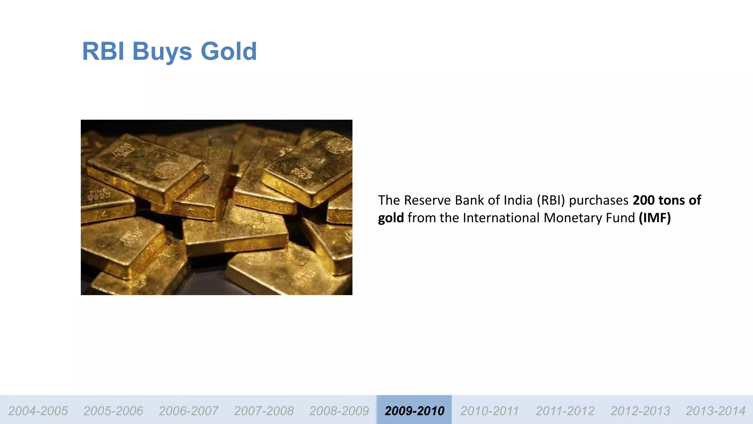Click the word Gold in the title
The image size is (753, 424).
coord(228,51)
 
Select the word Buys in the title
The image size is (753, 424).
coord(162,52)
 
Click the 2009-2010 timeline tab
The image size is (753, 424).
coord(414,410)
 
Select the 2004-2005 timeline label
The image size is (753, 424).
coord(38,410)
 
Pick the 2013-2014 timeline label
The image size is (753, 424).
coord(715,410)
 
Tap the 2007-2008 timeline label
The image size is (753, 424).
coord(264,410)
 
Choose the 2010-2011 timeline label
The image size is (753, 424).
coord(489,410)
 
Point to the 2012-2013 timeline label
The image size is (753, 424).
coord(640,410)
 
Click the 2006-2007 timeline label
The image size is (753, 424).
coord(188,410)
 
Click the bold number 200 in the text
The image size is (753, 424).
coord(643,200)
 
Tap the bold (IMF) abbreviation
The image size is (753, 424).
coord(654,218)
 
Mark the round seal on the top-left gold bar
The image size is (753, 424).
coord(166,170)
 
